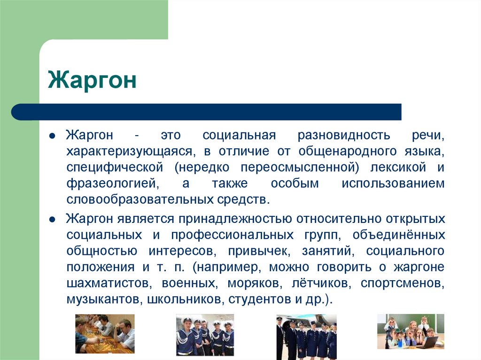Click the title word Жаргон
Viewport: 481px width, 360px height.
[x=92, y=80]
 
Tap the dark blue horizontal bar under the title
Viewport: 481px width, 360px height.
[x=206, y=112]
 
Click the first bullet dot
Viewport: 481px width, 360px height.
[x=52, y=136]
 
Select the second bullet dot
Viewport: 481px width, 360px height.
[x=52, y=220]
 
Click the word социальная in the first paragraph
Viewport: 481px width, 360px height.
[x=239, y=135]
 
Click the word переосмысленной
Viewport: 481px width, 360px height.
[x=299, y=168]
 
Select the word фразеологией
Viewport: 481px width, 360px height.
[x=113, y=184]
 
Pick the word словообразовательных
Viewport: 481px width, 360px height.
[x=140, y=199]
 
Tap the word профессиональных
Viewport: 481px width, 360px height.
[x=232, y=235]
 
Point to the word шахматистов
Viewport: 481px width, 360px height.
[x=109, y=283]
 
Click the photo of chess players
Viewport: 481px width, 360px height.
[x=105, y=334]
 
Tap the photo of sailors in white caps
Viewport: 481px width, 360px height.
[x=205, y=335]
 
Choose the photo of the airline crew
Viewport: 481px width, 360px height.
[x=306, y=337]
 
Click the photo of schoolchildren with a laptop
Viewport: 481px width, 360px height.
[x=411, y=331]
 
